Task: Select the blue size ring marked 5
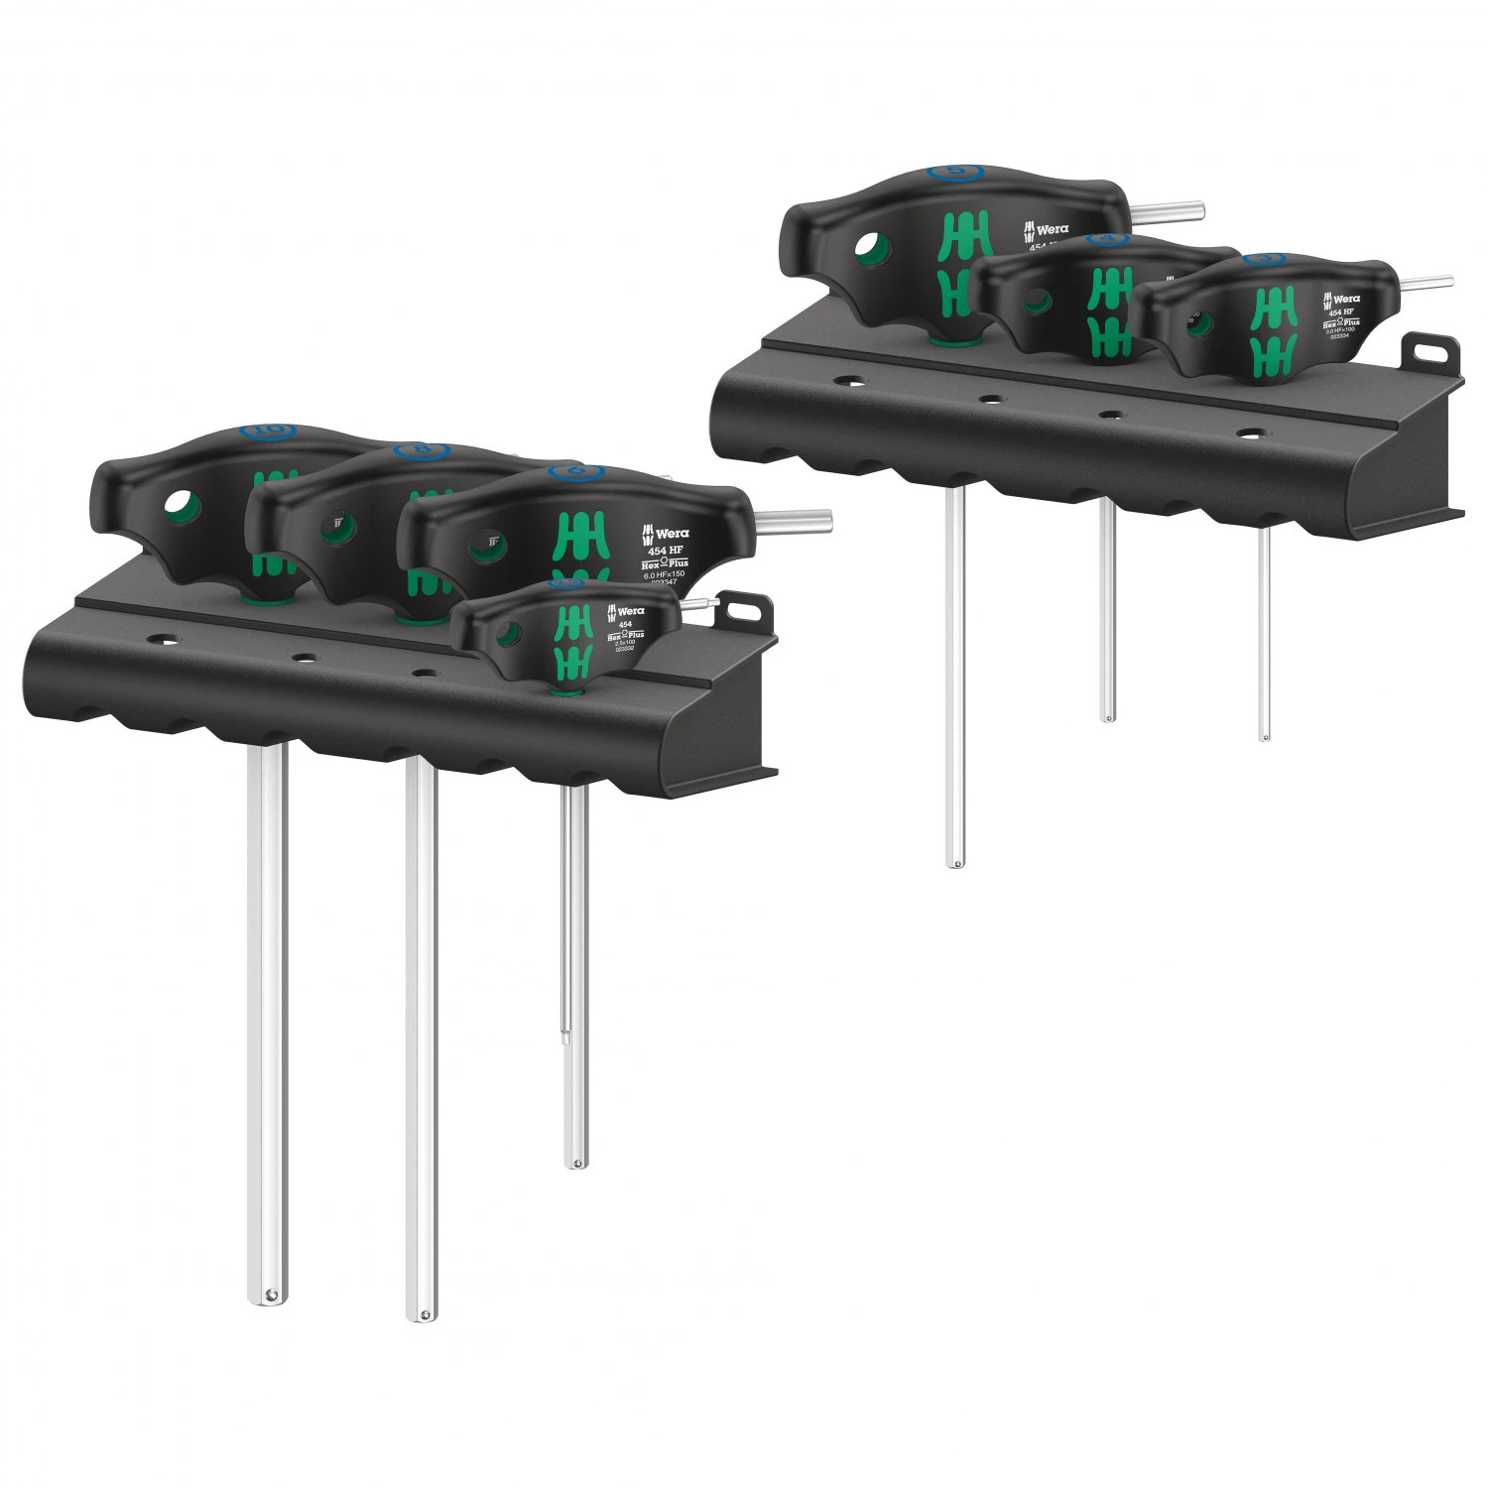click(956, 172)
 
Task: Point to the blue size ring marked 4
click(1101, 239)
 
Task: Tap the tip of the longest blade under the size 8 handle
click(422, 1313)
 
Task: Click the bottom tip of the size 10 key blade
click(268, 1294)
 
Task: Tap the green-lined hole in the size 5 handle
click(870, 247)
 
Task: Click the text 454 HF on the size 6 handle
click(666, 551)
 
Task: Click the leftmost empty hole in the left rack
click(170, 641)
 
